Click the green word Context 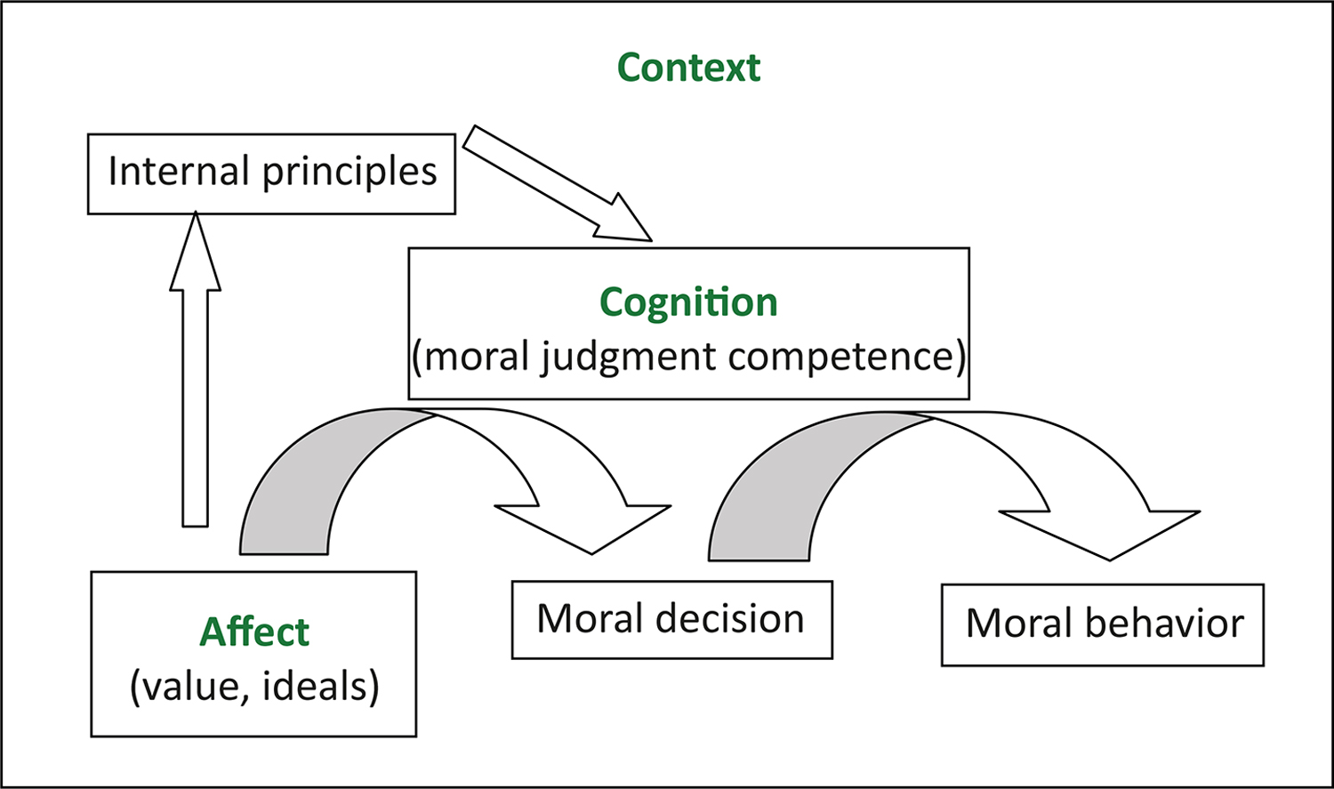point(689,68)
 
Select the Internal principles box point(271,173)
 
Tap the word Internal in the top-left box point(178,171)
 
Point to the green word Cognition point(689,302)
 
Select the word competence point(845,357)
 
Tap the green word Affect point(254,632)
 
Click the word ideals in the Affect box point(319,687)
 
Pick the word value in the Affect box point(190,687)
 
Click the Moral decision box point(671,620)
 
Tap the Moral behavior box point(1103,624)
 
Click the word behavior point(1164,624)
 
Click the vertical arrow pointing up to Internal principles point(195,374)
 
